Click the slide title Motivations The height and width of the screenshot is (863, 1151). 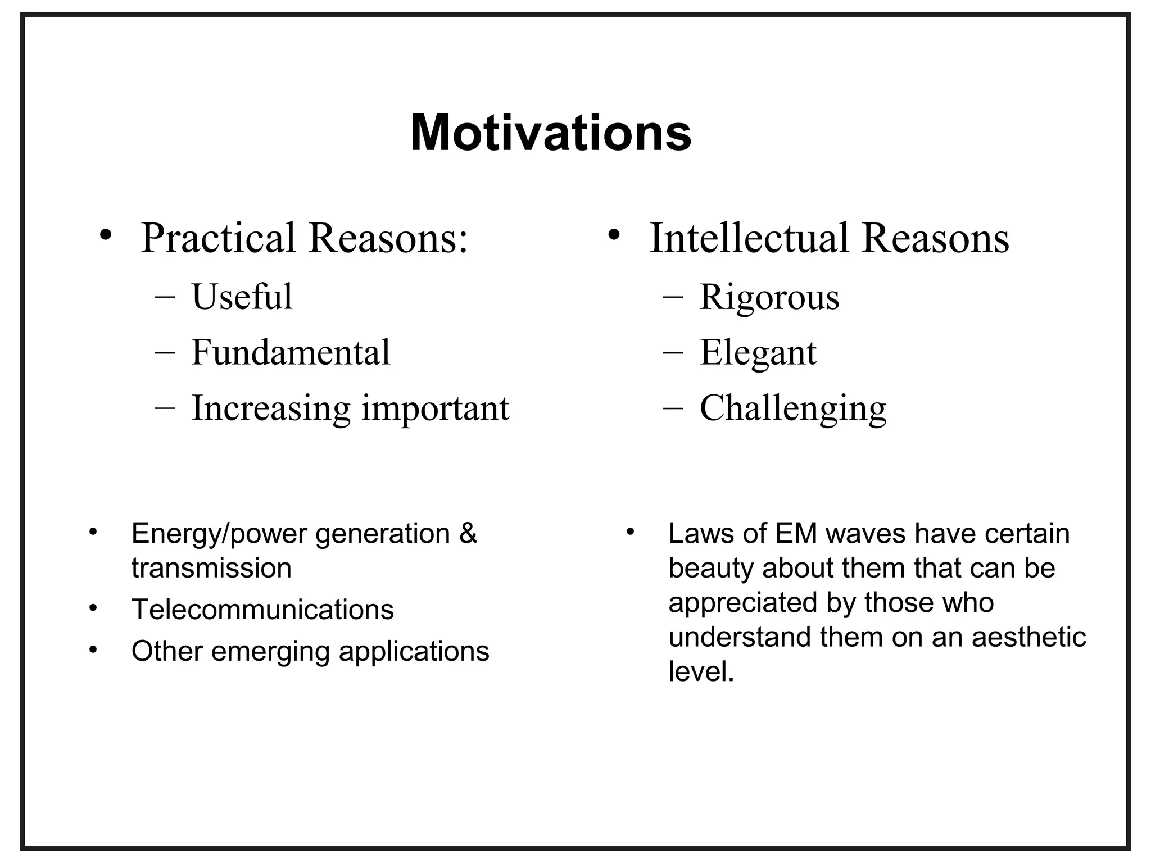pyautogui.click(x=551, y=134)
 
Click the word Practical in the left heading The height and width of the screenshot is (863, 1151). pyautogui.click(x=218, y=238)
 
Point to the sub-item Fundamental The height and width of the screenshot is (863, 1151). pyautogui.click(x=291, y=352)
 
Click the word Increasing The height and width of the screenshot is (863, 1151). pyautogui.click(x=271, y=408)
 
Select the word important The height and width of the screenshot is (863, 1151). pyautogui.click(x=435, y=408)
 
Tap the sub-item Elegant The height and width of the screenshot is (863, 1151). pyautogui.click(x=758, y=352)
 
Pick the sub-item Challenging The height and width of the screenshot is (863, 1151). pyautogui.click(x=792, y=408)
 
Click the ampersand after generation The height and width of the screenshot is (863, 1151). pyautogui.click(x=468, y=533)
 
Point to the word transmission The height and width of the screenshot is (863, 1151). pyautogui.click(x=211, y=568)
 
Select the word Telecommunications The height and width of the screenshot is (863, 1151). pyautogui.click(x=262, y=610)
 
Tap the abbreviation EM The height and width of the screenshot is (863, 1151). pyautogui.click(x=796, y=533)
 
